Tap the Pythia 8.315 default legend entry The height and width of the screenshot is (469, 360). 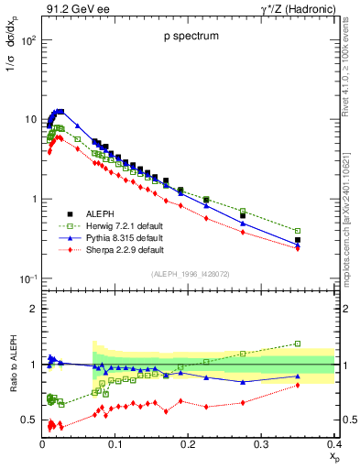[96, 237]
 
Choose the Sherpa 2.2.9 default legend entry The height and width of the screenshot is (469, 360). [96, 249]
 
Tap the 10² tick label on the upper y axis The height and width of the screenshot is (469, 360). [27, 41]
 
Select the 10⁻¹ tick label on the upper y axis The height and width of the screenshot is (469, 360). [27, 278]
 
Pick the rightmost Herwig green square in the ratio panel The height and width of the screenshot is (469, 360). [322, 344]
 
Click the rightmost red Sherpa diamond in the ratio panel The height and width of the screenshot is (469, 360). [322, 385]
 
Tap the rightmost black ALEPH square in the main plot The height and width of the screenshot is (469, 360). [322, 240]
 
